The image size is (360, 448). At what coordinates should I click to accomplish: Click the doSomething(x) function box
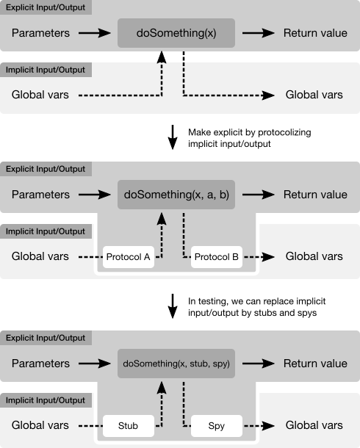tap(176, 33)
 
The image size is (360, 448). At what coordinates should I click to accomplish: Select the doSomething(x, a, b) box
tap(176, 195)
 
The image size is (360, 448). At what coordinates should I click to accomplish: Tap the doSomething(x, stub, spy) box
tap(176, 364)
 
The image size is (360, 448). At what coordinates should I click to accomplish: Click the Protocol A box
tap(129, 257)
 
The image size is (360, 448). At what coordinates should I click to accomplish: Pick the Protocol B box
tap(217, 257)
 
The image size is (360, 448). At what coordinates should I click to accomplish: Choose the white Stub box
tap(129, 426)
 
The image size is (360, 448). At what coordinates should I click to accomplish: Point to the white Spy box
tap(217, 426)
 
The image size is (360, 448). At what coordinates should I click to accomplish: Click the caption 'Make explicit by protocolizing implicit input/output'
tap(250, 138)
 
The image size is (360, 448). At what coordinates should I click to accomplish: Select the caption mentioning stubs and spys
tap(256, 307)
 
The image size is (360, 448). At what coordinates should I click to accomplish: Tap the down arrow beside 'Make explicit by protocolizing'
tap(173, 137)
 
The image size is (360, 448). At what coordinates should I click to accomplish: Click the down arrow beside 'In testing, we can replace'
tap(173, 306)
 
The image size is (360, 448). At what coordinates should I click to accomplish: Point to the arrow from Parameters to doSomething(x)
tap(95, 33)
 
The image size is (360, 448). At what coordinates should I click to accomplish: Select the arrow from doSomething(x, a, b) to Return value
tap(259, 195)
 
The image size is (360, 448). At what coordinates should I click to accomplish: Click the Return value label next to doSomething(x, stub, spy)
tap(315, 364)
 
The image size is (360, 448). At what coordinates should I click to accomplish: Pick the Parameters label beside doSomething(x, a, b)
tap(40, 195)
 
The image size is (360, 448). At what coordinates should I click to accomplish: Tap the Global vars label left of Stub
tap(40, 425)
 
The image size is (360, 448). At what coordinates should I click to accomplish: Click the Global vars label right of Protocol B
tap(314, 256)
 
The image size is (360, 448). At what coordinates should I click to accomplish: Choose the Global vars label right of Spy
tap(314, 425)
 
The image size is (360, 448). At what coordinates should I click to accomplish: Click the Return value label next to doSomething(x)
tap(315, 33)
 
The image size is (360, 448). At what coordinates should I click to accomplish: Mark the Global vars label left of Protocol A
tap(40, 256)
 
